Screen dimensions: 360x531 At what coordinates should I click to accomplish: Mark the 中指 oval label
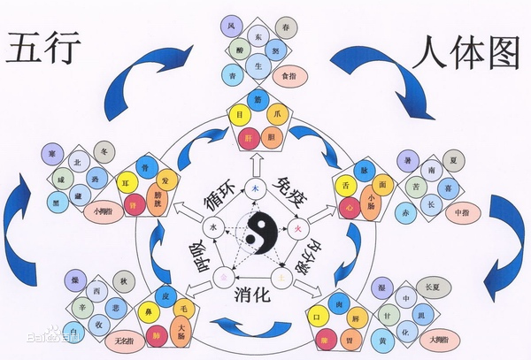[x=460, y=213]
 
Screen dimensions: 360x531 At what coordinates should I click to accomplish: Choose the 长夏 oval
[x=434, y=286]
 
